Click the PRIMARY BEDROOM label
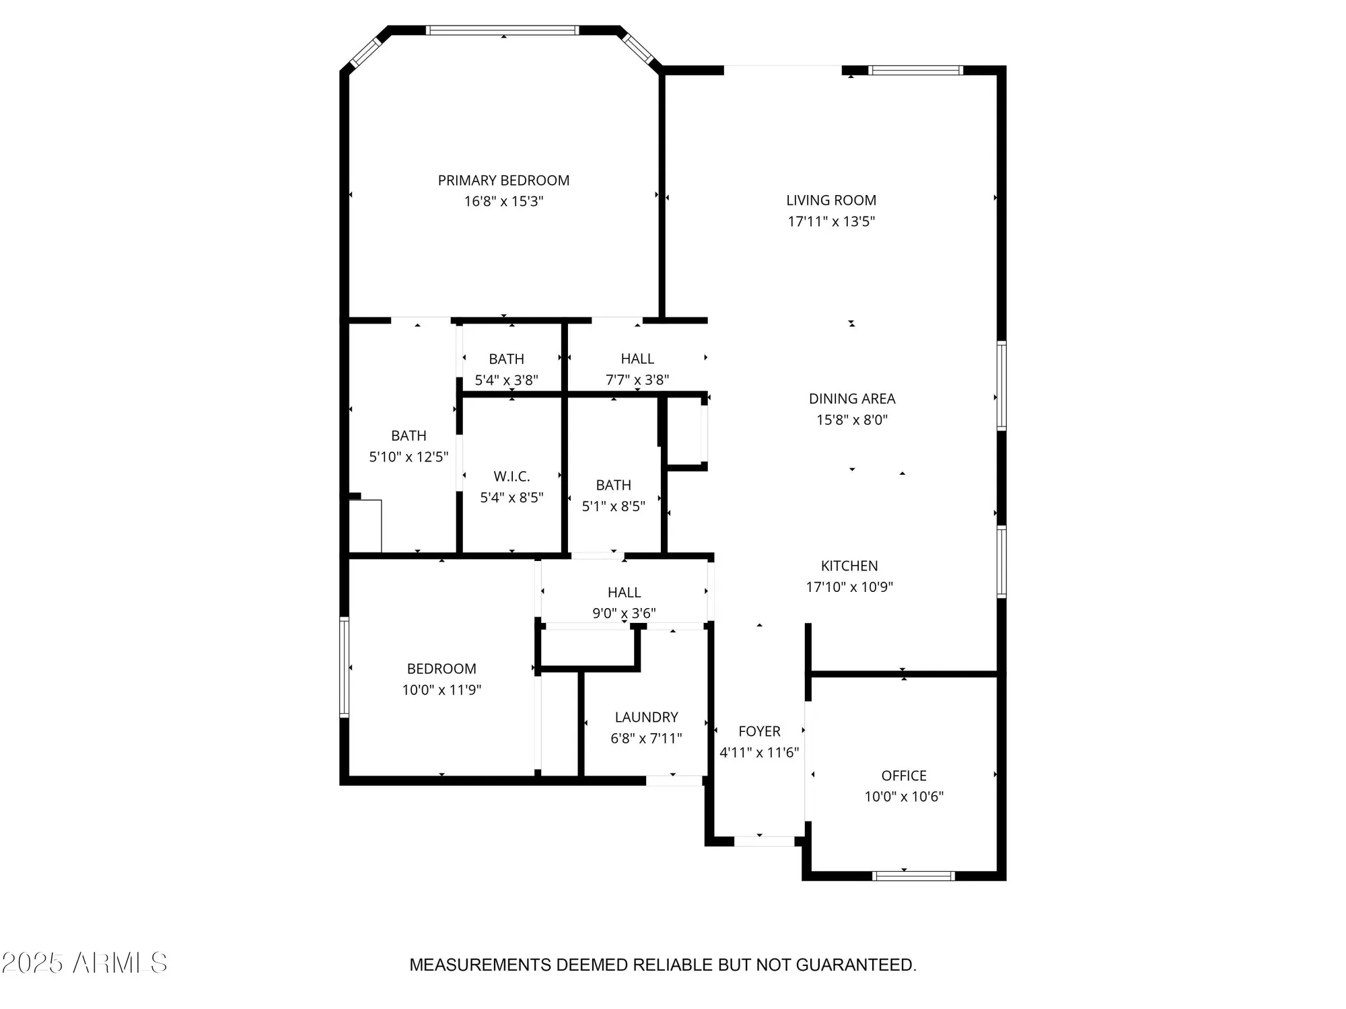click(503, 180)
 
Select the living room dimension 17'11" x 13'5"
click(831, 221)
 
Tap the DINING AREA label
click(851, 398)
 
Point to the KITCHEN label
click(849, 566)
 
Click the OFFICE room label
click(904, 776)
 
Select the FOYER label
click(759, 731)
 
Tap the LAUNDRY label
click(646, 717)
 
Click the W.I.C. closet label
click(511, 476)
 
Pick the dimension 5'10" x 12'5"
click(409, 457)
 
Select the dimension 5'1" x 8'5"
click(613, 506)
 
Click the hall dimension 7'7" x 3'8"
click(637, 379)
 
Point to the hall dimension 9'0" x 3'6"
click(624, 613)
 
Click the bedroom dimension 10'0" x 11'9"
click(441, 689)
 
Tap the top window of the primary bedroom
click(503, 30)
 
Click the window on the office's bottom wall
click(913, 876)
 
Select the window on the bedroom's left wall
click(344, 667)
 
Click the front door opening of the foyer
click(764, 842)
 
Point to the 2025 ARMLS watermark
click(84, 963)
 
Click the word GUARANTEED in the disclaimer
click(855, 965)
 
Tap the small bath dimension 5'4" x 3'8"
click(506, 380)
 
